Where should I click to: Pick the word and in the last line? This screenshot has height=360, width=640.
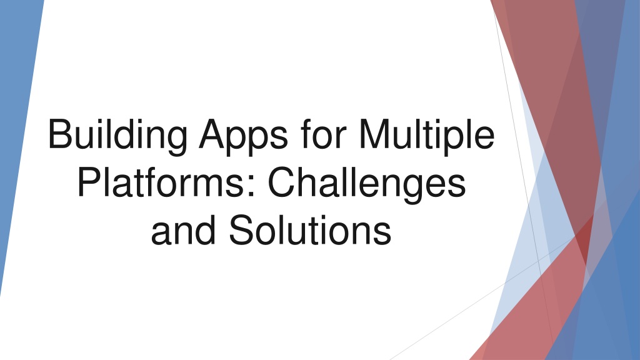pos(181,229)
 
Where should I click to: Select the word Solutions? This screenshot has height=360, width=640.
pos(309,229)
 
